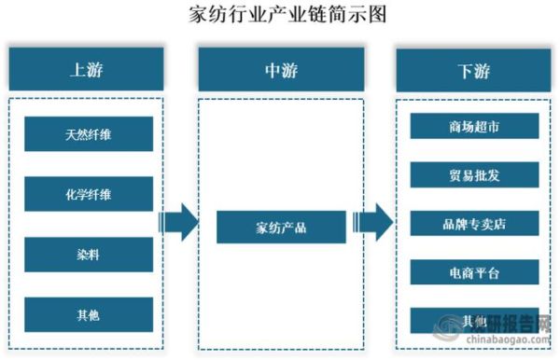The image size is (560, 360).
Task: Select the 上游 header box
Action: pyautogui.click(x=86, y=70)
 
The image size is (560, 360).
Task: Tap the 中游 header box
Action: pyautogui.click(x=281, y=70)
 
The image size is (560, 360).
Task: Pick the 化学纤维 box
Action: pyautogui.click(x=89, y=194)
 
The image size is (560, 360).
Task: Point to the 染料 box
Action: pyautogui.click(x=89, y=254)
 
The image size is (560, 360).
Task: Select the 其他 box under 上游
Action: pyautogui.click(x=89, y=315)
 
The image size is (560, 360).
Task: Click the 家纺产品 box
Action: pyautogui.click(x=281, y=226)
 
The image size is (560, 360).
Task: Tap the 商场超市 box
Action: pyautogui.click(x=474, y=126)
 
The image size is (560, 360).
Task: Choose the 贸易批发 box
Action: pyautogui.click(x=474, y=174)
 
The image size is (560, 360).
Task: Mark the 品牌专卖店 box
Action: pyautogui.click(x=474, y=224)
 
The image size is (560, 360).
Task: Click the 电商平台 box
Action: pyautogui.click(x=474, y=272)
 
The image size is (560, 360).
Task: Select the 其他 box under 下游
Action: pyautogui.click(x=474, y=321)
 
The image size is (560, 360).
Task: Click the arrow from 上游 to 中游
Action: pyautogui.click(x=179, y=224)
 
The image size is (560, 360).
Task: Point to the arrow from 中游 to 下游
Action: pyautogui.click(x=373, y=224)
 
